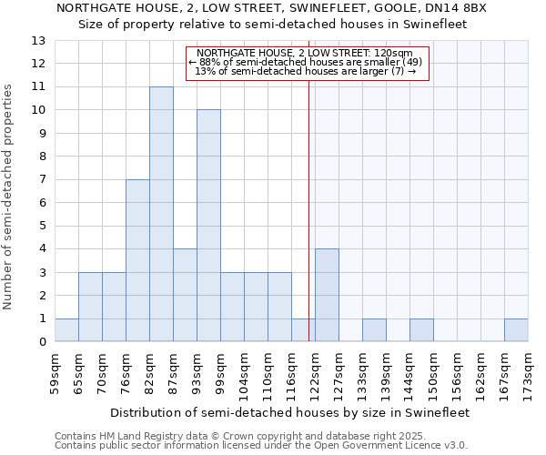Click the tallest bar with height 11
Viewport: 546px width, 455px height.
tap(161, 214)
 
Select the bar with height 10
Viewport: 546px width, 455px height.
tap(208, 226)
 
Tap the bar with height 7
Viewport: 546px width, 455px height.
tap(137, 260)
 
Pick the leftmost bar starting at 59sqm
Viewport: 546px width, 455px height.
tap(66, 330)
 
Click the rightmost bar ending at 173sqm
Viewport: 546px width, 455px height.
tap(516, 330)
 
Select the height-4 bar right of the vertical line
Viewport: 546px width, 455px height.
tap(327, 295)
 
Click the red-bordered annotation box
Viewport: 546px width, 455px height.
tap(304, 64)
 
